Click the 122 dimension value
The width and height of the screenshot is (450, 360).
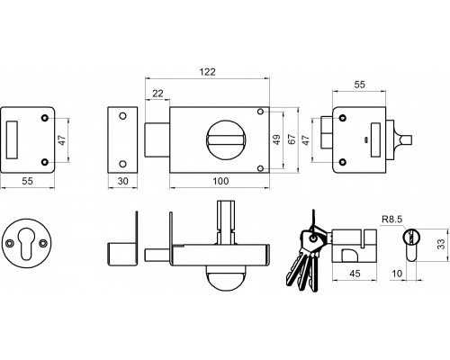point(208,72)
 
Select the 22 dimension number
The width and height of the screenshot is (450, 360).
point(157,94)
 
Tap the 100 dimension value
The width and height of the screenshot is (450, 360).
point(220,181)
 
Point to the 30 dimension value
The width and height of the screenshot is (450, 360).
point(123,181)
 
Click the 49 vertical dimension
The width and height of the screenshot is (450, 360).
point(276,139)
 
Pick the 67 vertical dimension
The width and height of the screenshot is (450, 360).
point(292,139)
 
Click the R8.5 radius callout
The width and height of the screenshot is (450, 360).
point(391,220)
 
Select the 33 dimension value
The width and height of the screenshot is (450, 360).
point(441,244)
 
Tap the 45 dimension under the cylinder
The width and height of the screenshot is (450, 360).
point(355,274)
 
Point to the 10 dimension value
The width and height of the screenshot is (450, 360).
point(397,274)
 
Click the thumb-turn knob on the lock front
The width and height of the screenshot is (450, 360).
point(226,139)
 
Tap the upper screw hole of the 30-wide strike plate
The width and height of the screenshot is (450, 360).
point(122,116)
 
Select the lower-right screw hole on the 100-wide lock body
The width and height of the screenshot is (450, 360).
point(261,168)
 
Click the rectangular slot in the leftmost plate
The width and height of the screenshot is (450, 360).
point(12,139)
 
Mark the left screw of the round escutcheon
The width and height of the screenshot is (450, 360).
point(10,243)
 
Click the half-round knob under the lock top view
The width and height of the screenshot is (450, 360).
point(226,278)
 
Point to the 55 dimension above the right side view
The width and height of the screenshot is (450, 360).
point(359,85)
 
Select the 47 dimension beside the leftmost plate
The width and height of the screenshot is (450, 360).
point(62,140)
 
